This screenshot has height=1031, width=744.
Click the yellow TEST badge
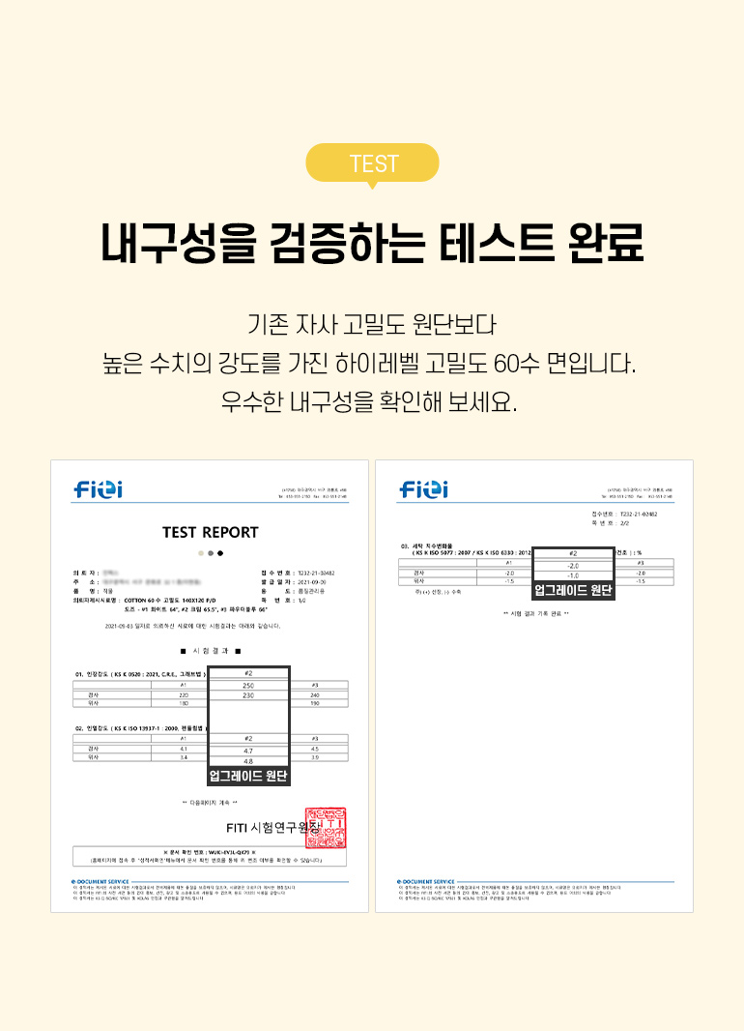[372, 163]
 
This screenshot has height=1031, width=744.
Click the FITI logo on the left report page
[99, 490]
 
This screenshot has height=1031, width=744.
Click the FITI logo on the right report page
[423, 490]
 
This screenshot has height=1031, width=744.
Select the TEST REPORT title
[211, 532]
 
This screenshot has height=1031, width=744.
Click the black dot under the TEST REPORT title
[220, 553]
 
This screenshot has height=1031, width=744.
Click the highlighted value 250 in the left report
[248, 685]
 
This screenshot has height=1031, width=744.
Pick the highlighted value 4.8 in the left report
[248, 761]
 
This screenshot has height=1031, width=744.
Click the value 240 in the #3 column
[315, 695]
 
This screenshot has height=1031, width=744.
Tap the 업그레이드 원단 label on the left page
[248, 776]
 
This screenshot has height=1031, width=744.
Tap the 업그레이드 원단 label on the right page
[574, 589]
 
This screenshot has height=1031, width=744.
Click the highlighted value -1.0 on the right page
[573, 575]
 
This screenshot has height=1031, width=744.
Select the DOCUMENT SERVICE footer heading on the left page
[101, 881]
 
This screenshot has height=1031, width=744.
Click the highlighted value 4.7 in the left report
[248, 751]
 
